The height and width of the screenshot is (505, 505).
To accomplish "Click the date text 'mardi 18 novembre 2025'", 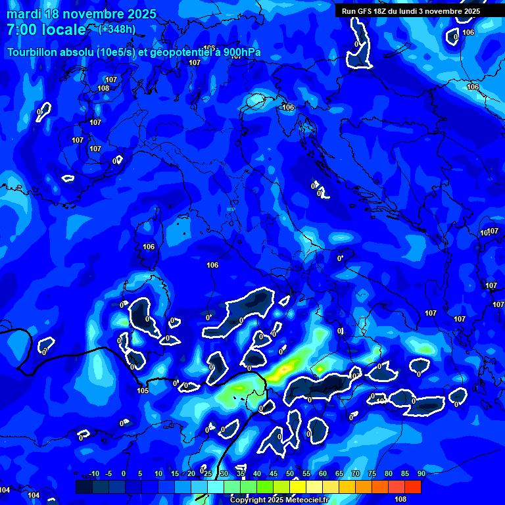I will click(x=82, y=14).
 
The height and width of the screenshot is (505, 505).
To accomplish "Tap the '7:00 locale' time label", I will click(x=46, y=30).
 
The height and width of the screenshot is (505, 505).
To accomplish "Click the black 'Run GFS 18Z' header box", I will click(x=411, y=11).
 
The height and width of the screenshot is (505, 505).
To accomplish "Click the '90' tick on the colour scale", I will click(x=421, y=474).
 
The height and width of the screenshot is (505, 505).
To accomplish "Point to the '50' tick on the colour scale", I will click(x=290, y=474).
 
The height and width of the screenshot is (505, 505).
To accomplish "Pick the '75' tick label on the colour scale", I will click(x=372, y=474).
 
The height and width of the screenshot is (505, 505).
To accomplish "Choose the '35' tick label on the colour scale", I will click(x=241, y=474).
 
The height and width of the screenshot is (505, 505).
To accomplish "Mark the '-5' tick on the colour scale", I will click(x=109, y=474).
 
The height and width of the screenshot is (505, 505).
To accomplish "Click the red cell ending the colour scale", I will click(x=413, y=487).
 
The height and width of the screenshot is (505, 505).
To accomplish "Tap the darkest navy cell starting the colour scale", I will click(x=84, y=487).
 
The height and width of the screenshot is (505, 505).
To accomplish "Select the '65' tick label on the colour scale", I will click(x=339, y=474).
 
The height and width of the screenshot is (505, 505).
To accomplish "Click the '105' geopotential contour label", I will click(x=143, y=391).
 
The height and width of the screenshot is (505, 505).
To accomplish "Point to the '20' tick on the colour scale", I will click(x=191, y=474).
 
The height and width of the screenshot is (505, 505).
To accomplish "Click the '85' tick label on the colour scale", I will click(x=405, y=474).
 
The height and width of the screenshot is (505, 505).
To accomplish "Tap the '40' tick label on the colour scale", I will click(x=257, y=474).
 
